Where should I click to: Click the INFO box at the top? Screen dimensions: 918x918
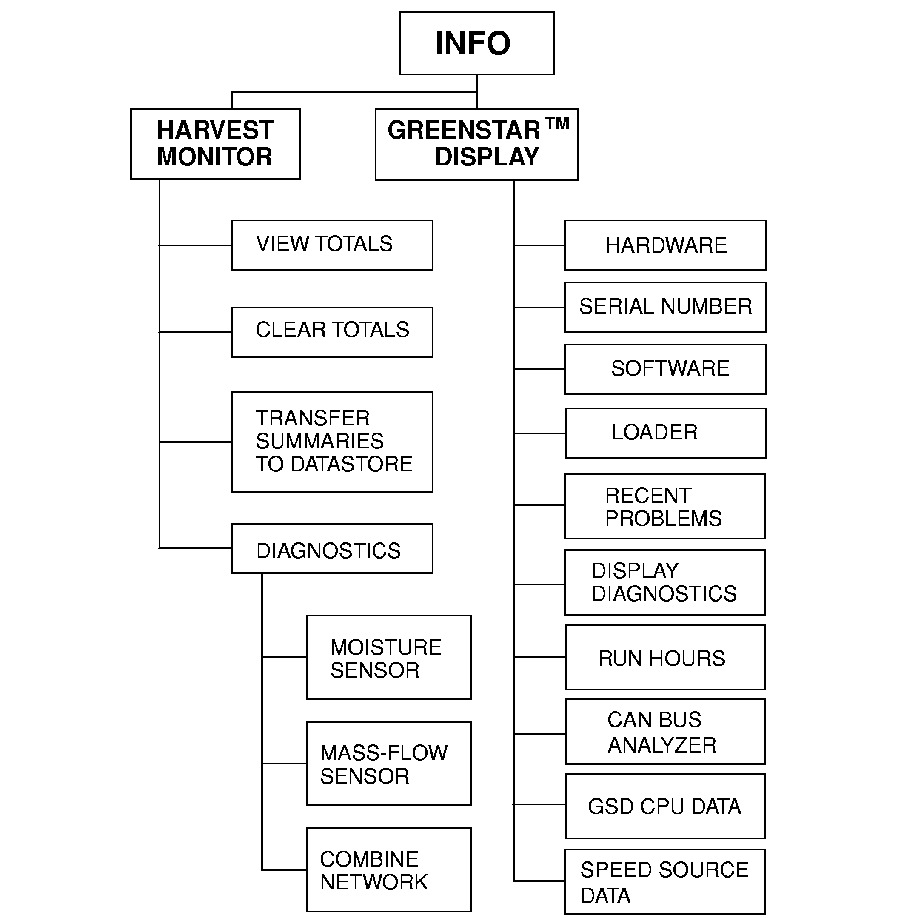[476, 43]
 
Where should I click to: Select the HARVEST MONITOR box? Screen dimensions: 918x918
[215, 143]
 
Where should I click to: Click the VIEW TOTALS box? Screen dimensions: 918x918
[332, 245]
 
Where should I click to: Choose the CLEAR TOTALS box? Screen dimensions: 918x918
[332, 332]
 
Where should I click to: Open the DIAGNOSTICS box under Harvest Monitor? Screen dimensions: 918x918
[332, 549]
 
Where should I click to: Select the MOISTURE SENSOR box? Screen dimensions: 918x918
[388, 657]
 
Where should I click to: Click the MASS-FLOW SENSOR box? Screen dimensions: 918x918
[388, 764]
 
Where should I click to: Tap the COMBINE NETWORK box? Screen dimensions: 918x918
[388, 870]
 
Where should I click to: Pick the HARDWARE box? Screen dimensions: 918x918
[665, 245]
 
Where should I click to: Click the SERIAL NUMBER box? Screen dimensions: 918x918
[665, 307]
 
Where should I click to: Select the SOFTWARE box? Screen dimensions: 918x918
[665, 369]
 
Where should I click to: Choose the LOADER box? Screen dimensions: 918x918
[665, 433]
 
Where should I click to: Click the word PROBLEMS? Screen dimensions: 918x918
[663, 519]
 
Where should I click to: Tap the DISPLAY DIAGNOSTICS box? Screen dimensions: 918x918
[665, 582]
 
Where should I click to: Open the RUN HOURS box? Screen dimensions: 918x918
[665, 657]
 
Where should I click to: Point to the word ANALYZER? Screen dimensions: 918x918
[662, 745]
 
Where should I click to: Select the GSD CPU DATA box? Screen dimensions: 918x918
[665, 807]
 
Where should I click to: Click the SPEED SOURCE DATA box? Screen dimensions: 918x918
[665, 882]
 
